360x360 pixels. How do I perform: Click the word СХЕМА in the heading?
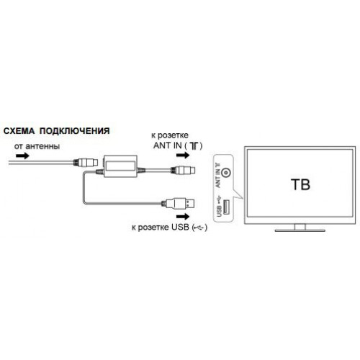coord(19,131)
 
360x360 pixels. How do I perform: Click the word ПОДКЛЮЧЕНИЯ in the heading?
coord(75,131)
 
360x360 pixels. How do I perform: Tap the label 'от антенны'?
coord(37,146)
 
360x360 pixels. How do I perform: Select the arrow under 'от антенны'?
coord(22,156)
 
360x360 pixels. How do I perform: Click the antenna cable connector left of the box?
coord(86,163)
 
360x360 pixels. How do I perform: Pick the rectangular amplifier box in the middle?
coord(120,166)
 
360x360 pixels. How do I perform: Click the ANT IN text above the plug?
coord(168,145)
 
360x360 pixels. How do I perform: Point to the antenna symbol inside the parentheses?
coord(194,146)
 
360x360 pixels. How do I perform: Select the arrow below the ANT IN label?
coord(183,156)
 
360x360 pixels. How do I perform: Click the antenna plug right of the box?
coord(183,171)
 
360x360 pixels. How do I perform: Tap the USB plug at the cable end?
coord(178,204)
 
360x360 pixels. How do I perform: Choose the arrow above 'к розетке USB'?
coord(183,217)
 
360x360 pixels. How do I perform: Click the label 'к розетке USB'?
coord(161,227)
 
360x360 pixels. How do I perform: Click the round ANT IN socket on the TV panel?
coord(226,173)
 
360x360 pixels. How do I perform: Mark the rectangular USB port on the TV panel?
coord(226,207)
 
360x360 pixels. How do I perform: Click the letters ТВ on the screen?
coord(300,184)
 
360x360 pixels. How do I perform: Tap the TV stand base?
coord(300,230)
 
